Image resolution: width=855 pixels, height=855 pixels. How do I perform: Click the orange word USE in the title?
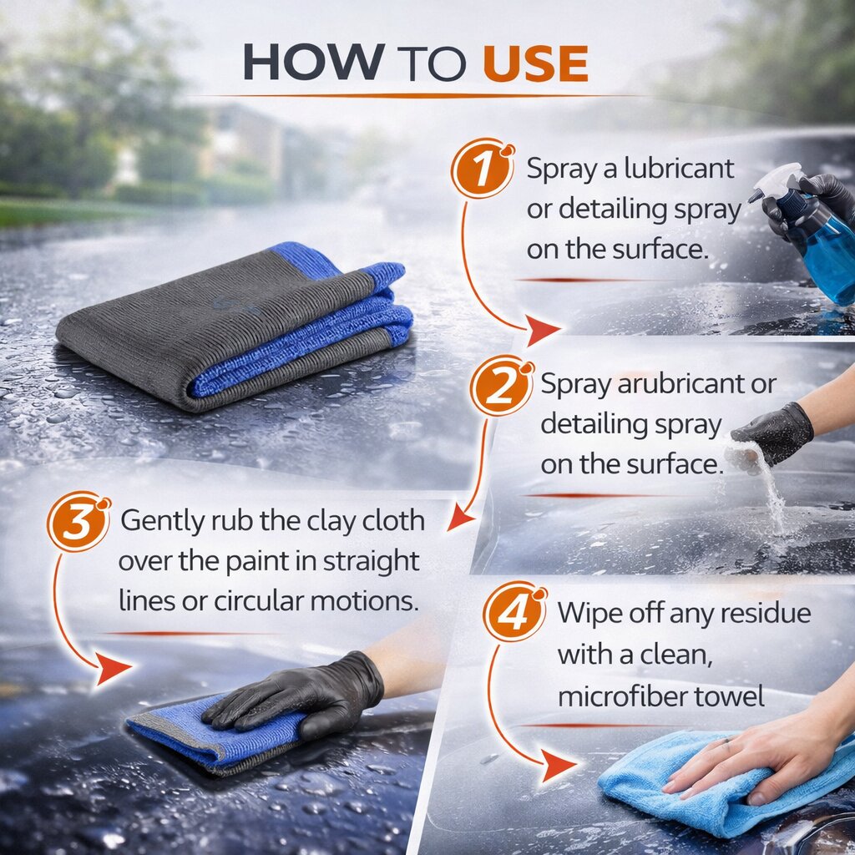(x=535, y=63)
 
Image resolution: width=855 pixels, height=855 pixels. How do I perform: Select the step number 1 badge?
(x=482, y=168)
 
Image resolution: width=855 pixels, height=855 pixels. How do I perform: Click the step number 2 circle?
(x=501, y=386)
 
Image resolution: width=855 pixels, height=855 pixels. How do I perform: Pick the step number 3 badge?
(x=78, y=522)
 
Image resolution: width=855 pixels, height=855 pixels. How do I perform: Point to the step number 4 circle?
(x=514, y=612)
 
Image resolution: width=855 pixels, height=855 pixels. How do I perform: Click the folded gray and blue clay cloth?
(x=235, y=326)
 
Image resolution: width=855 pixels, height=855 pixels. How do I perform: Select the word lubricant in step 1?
(x=679, y=168)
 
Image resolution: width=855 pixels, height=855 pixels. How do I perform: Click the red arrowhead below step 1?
(x=542, y=329)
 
